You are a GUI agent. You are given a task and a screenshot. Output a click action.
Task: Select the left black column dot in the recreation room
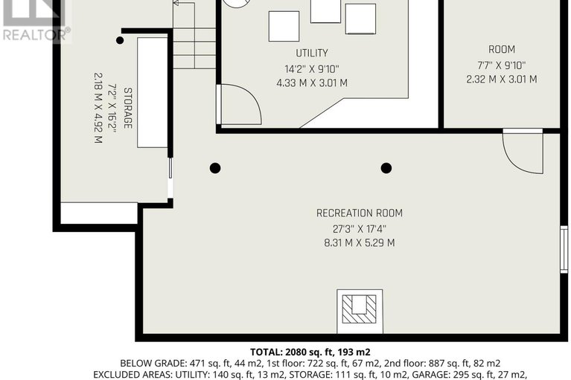[x=215, y=168]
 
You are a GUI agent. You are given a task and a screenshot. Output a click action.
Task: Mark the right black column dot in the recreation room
[x=386, y=168]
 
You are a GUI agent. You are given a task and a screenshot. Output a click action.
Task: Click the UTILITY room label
[x=311, y=54]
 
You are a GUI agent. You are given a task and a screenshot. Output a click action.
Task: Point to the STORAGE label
[x=128, y=108]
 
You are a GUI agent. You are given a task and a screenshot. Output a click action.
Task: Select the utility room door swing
[x=238, y=105]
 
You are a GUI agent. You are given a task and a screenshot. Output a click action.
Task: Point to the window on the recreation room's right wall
[x=564, y=249]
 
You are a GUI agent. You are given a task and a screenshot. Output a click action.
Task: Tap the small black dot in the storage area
[x=120, y=40]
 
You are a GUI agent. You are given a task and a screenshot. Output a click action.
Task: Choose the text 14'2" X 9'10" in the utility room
[x=311, y=68]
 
